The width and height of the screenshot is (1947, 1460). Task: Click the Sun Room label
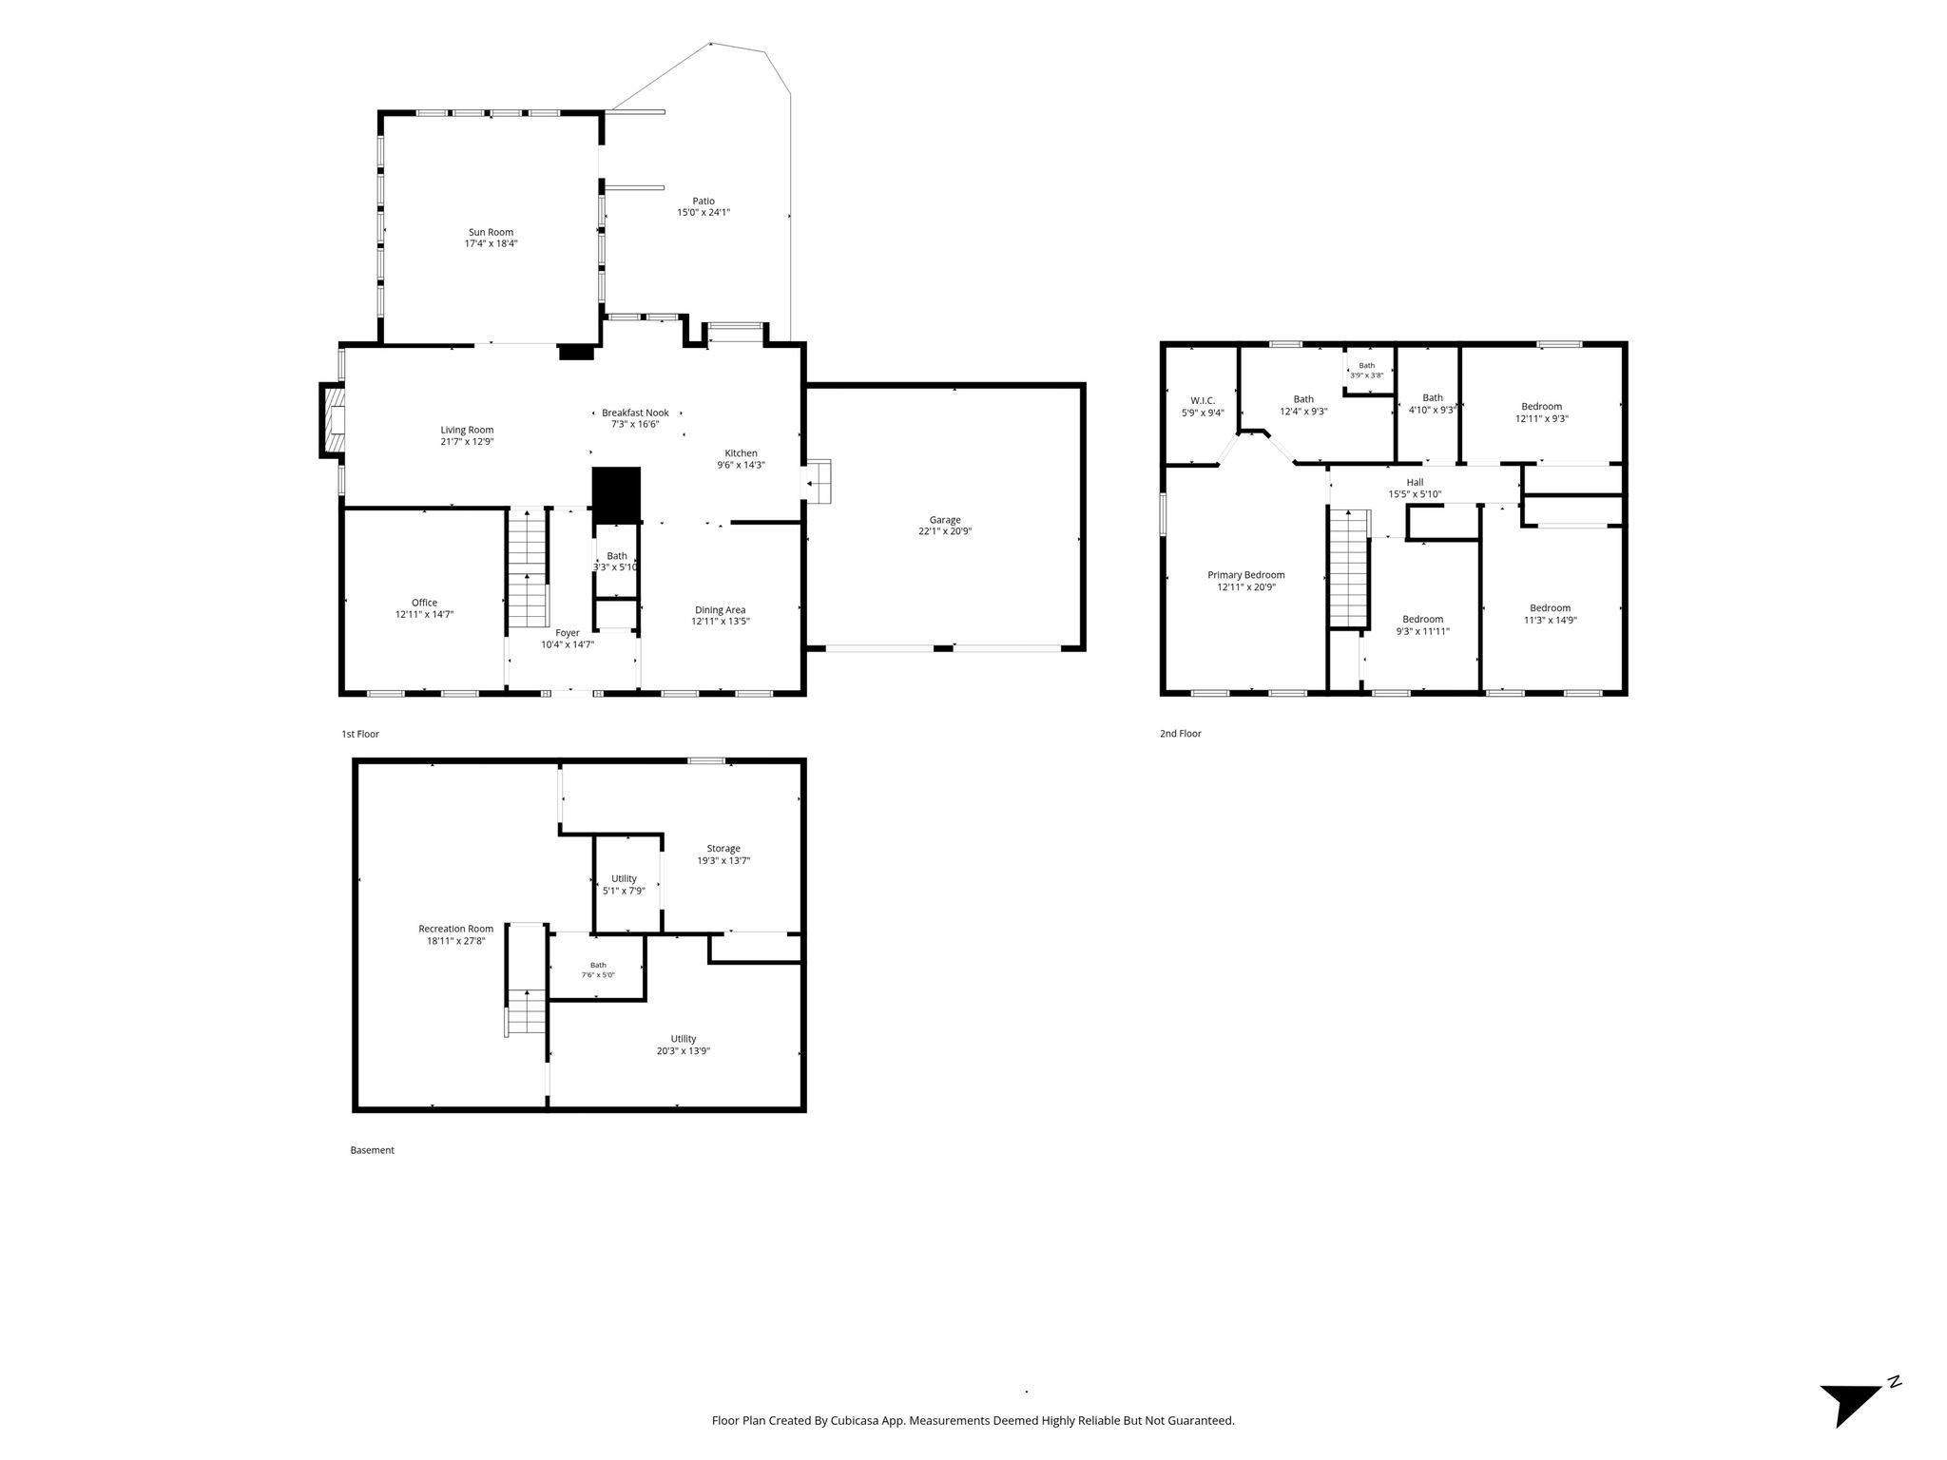point(491,232)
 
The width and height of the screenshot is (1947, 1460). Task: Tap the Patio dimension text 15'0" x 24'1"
point(704,213)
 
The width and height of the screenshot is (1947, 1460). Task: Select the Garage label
point(945,520)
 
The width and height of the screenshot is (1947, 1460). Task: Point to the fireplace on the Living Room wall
point(332,420)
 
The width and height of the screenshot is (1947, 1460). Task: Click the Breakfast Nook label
point(635,413)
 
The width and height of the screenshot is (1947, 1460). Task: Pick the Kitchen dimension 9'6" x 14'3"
point(741,466)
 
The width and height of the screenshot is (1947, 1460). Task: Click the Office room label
point(424,603)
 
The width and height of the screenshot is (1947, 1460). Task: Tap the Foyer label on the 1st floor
point(568,633)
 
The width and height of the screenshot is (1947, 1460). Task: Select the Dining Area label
point(720,610)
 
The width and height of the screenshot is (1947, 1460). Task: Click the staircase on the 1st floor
point(528,568)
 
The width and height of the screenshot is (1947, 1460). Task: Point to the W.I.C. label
point(1203,401)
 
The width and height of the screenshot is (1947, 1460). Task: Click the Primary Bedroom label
point(1245,575)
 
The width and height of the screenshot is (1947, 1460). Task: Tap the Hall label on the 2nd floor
point(1415,483)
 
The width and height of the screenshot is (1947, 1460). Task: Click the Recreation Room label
point(455,929)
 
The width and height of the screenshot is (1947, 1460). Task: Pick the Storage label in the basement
point(723,849)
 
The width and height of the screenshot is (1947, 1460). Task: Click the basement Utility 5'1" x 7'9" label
point(624,885)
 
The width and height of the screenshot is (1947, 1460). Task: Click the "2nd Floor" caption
point(1180,734)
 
